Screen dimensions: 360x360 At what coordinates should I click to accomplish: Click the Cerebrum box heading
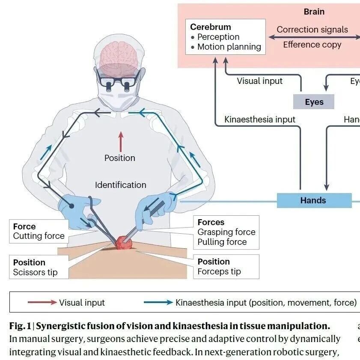click(x=210, y=27)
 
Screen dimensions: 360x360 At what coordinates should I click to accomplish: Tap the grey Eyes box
click(x=314, y=102)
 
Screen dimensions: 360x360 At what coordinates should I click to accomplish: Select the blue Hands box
click(x=314, y=200)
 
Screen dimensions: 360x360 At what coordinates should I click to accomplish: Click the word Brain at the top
click(x=314, y=12)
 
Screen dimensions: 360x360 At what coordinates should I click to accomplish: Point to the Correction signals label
click(x=312, y=30)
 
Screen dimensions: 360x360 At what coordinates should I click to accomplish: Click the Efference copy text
click(x=312, y=45)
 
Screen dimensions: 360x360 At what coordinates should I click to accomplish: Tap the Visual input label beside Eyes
click(x=259, y=81)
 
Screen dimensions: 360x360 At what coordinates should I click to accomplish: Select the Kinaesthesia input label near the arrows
click(x=260, y=119)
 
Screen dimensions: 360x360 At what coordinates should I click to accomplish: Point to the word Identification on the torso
click(x=120, y=185)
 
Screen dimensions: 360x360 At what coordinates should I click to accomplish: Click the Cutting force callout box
click(x=39, y=231)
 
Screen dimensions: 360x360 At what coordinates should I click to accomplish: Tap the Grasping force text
click(x=226, y=232)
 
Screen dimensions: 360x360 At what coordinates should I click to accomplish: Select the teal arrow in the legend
click(x=158, y=303)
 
